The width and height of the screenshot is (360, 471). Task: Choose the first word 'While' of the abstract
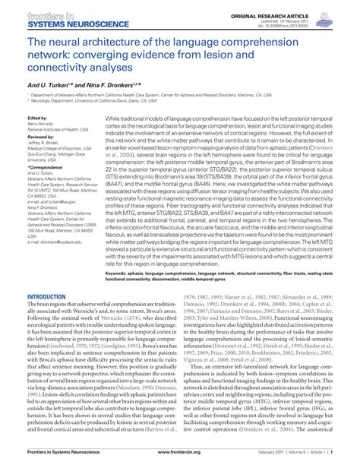coord(113,119)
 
